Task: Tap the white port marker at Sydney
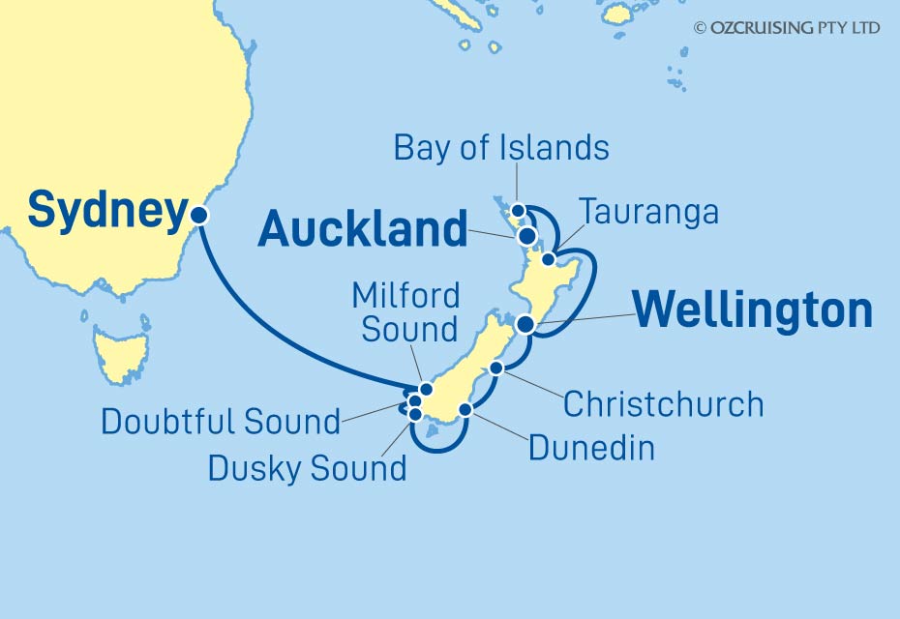199,216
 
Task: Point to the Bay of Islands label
501,148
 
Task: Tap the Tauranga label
648,212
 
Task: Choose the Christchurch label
663,403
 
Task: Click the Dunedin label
591,447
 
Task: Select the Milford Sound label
405,311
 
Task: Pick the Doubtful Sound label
221,422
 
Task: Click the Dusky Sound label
307,468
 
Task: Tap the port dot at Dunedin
465,409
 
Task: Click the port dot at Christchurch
496,368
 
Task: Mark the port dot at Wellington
525,324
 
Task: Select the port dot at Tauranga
549,259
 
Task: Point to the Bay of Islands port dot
518,210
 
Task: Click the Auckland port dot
526,235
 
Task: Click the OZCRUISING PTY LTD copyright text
787,28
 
